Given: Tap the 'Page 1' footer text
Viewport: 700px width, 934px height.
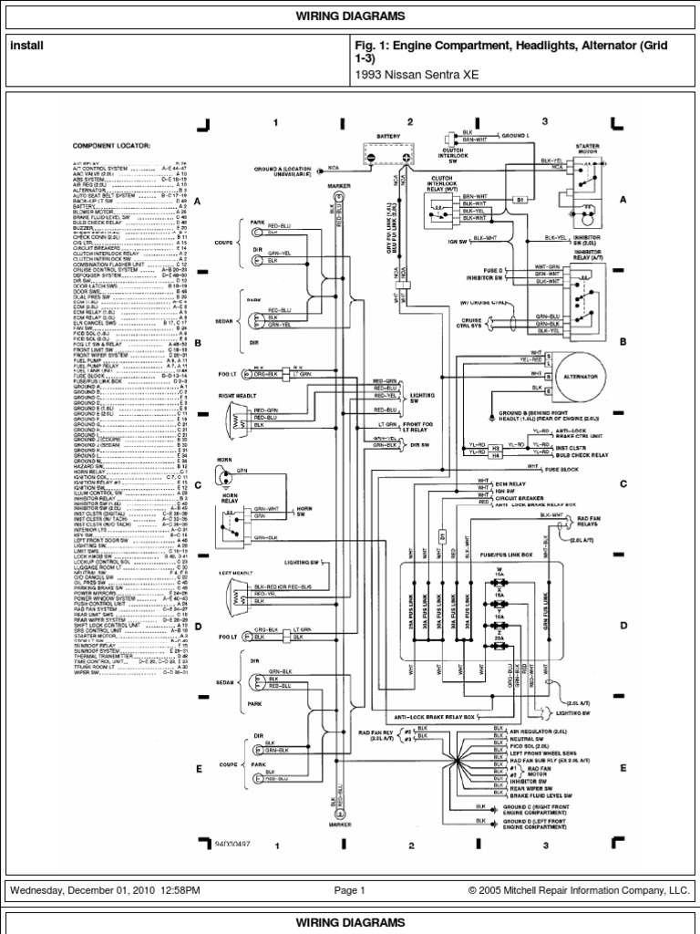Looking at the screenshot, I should click(349, 890).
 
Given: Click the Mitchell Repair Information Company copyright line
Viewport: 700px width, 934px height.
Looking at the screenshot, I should click(580, 890).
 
